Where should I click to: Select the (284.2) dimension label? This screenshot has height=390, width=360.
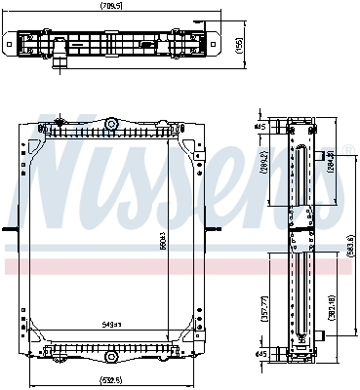click(x=332, y=159)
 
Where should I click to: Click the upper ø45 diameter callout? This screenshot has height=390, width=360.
click(x=260, y=127)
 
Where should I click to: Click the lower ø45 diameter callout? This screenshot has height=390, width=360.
click(x=260, y=353)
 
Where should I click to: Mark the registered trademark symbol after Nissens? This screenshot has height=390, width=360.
click(x=340, y=149)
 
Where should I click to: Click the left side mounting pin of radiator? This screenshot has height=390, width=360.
click(x=10, y=230)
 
